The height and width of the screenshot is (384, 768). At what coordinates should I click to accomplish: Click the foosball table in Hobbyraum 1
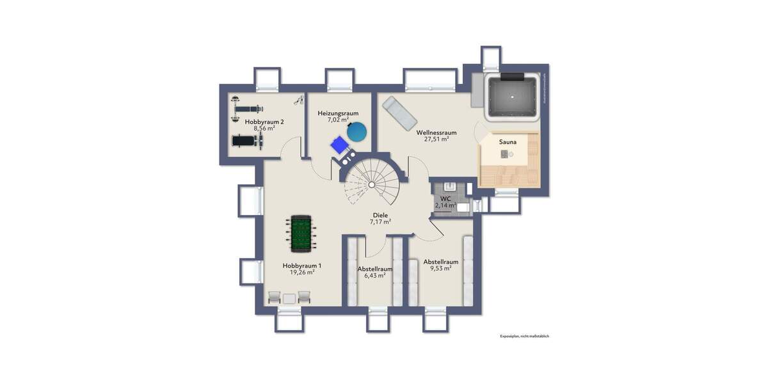299,234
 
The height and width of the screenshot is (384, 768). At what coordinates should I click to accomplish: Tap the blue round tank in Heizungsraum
357,132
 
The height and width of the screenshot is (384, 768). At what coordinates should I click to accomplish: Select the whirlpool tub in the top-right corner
513,97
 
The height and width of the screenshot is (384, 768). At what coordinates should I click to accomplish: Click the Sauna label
509,141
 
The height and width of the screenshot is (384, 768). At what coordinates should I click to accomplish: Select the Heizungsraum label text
338,113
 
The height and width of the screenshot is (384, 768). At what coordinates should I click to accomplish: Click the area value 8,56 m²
264,128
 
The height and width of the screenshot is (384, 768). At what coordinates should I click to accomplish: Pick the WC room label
446,198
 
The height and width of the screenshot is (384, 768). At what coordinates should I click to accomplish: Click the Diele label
380,216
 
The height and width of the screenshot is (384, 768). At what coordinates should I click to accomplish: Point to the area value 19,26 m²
302,272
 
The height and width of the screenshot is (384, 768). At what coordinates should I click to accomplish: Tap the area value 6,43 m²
374,276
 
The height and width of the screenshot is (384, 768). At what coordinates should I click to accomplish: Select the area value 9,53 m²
441,268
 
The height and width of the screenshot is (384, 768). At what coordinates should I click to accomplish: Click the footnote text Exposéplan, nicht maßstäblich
525,336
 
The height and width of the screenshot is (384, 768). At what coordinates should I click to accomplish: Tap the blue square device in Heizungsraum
338,145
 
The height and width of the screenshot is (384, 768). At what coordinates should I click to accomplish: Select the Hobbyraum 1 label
302,265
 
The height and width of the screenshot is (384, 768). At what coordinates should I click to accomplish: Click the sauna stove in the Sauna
506,154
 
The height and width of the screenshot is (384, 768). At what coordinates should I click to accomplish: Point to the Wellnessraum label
436,132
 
